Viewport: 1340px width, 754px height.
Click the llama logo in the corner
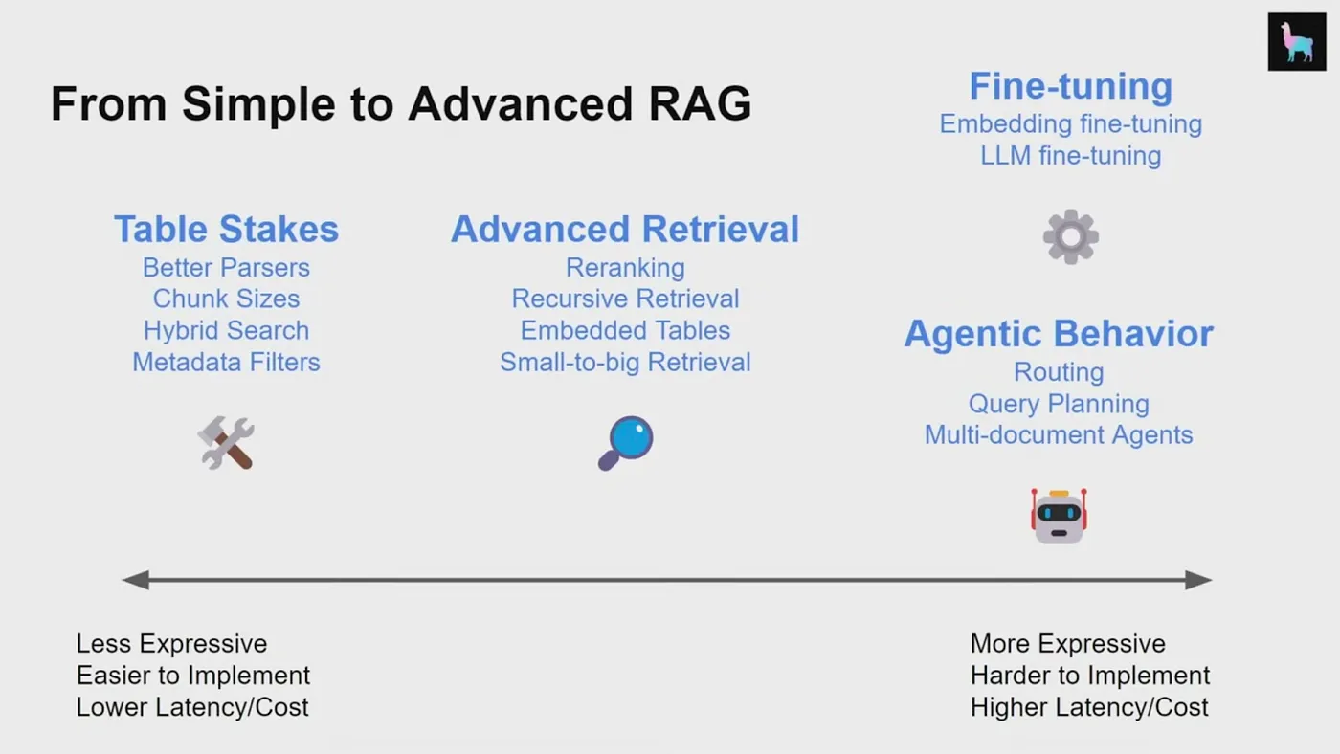[x=1297, y=42]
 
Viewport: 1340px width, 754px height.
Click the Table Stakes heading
[x=226, y=230]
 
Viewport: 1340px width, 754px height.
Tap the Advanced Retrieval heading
[x=625, y=230]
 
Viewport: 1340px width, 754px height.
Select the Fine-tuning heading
[x=1070, y=86]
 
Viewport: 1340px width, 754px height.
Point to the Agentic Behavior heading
[x=1059, y=334]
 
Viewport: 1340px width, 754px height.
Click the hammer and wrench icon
[x=226, y=443]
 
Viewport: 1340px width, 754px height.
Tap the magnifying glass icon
[x=625, y=443]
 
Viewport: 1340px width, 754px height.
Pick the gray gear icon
[x=1070, y=236]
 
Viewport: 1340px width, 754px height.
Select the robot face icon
[x=1059, y=517]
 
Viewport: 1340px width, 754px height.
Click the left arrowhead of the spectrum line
[x=136, y=580]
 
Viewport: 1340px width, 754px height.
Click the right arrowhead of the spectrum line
[x=1198, y=580]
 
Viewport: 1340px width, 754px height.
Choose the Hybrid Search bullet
[x=226, y=331]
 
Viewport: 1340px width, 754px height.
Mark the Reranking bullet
[x=625, y=268]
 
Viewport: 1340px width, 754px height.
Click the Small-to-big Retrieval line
[x=625, y=363]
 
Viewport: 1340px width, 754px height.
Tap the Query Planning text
[x=1059, y=404]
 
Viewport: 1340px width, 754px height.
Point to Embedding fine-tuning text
[x=1070, y=124]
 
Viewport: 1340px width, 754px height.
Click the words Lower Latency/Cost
[x=192, y=707]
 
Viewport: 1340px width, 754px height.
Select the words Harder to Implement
[x=1090, y=676]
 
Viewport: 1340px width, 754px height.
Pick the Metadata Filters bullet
[x=226, y=363]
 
